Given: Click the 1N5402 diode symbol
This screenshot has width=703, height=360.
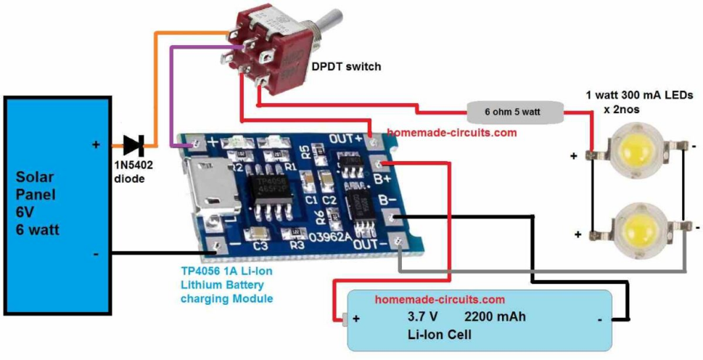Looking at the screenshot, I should (x=133, y=145).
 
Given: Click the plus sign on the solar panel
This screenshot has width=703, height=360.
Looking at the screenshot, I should (x=96, y=145).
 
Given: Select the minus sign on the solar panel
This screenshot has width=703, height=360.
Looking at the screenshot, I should (x=96, y=254).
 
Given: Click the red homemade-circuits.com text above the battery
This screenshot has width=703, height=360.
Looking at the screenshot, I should (x=428, y=299).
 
